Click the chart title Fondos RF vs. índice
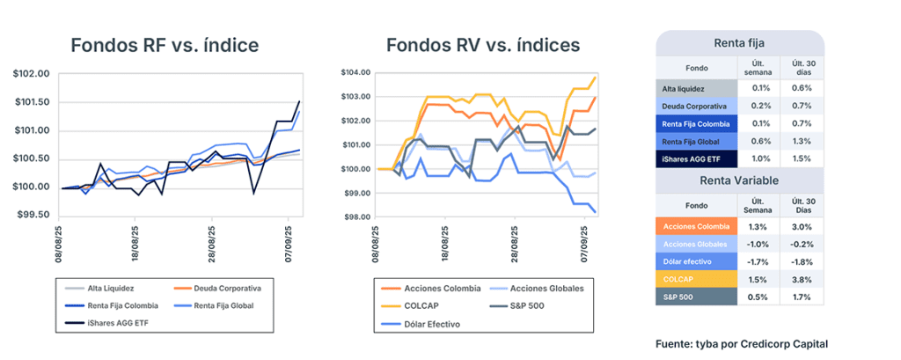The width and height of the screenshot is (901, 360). (165, 44)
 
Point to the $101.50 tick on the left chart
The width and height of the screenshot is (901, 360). (33, 102)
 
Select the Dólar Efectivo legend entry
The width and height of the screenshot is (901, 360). (437, 323)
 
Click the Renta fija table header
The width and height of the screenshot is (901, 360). (739, 43)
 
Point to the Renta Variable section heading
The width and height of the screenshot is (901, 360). (739, 182)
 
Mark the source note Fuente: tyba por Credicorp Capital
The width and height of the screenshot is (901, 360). (741, 343)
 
